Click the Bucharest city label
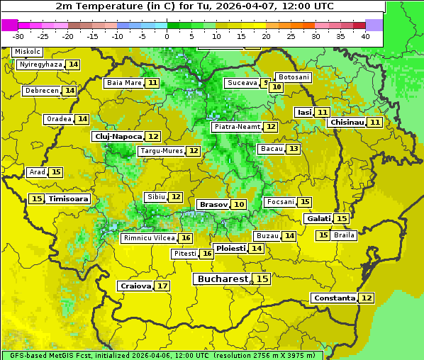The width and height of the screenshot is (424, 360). coord(223,279)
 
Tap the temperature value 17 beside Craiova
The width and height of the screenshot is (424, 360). coord(163,286)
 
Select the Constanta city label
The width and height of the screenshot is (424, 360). coord(334,298)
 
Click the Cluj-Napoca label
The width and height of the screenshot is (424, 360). coord(118,136)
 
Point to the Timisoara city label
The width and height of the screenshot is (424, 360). coord(69,199)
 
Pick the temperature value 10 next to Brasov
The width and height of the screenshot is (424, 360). coord(239,204)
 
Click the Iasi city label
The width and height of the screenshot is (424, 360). coord(304,112)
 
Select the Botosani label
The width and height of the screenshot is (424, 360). coord(293,77)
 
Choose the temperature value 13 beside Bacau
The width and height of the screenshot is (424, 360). coord(294,149)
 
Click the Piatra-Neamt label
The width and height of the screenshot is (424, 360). coord(237,127)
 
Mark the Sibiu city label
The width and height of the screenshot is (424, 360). coord(155,196)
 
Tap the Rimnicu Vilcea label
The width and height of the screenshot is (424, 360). coord(147,238)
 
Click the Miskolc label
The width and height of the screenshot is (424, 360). coord(28,52)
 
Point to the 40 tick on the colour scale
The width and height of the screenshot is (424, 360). coord(365,36)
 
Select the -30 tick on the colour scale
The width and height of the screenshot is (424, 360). coord(18,36)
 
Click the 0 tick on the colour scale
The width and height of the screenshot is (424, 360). coord(167,36)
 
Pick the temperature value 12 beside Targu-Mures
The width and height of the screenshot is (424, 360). coord(194,151)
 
